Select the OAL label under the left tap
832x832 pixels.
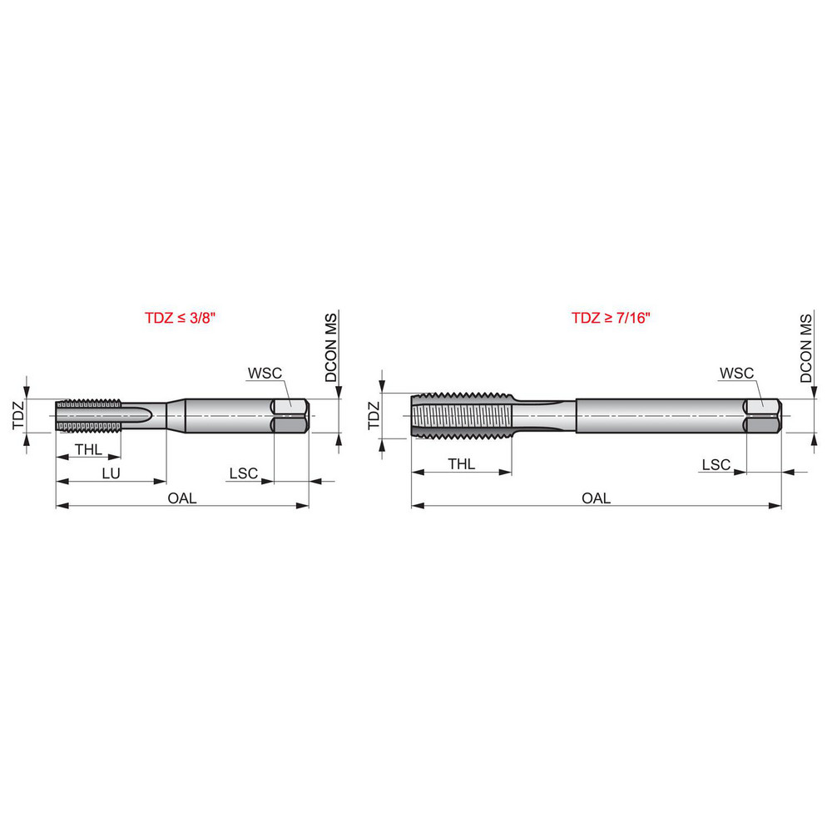tap(182, 498)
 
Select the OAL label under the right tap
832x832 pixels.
tap(596, 498)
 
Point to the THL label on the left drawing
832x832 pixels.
tap(88, 449)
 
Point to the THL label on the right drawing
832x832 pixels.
tap(461, 463)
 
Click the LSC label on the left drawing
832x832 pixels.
tap(243, 473)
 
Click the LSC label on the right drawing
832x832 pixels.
tap(716, 463)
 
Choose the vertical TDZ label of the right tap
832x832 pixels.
tap(374, 414)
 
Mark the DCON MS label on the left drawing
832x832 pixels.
tap(331, 348)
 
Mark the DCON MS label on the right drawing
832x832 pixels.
tap(805, 348)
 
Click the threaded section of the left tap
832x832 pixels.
tap(88, 415)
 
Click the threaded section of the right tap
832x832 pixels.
tap(461, 414)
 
